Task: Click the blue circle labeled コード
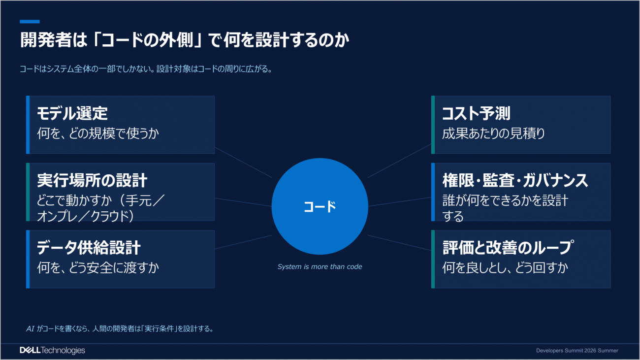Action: tap(320, 206)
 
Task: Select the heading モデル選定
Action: tap(72, 113)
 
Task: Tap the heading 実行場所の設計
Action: tap(92, 180)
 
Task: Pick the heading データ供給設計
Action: tap(89, 247)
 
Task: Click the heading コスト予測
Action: tap(476, 113)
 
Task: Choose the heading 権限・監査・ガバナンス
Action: tap(515, 180)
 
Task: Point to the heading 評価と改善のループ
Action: tap(508, 247)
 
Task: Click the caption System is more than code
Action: tap(320, 266)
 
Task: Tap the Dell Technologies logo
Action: tap(52, 350)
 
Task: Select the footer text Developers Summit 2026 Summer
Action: tap(577, 351)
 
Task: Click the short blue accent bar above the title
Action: tap(30, 22)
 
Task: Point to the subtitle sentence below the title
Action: tap(146, 69)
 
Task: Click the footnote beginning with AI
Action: tap(120, 328)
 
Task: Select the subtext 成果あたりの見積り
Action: tap(493, 133)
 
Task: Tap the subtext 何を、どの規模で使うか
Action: tap(98, 133)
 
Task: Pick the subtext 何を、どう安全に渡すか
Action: tap(98, 268)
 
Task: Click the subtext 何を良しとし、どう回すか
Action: tap(505, 268)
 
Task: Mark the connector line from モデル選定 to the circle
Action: tap(243, 163)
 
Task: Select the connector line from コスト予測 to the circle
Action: tap(399, 161)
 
